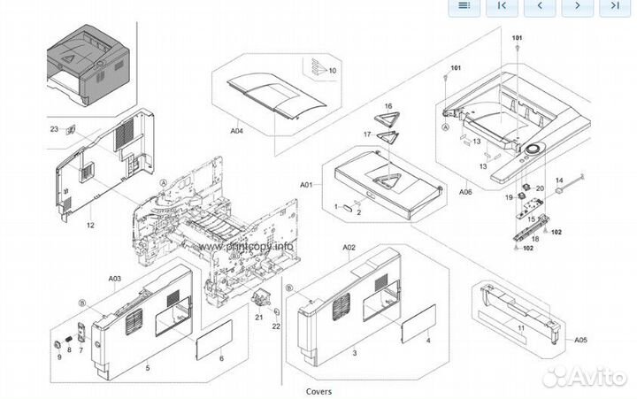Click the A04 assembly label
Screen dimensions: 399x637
click(x=236, y=131)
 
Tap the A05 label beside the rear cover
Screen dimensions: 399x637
click(x=580, y=339)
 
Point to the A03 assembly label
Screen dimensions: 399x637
click(x=115, y=279)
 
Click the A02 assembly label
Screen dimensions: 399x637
click(x=349, y=247)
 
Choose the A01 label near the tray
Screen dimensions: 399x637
click(x=306, y=185)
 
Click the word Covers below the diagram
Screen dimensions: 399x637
click(x=318, y=390)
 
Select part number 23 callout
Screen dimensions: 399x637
click(x=54, y=129)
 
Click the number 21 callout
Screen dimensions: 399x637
click(x=259, y=317)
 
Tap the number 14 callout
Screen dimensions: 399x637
click(x=559, y=180)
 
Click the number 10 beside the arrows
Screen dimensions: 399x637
click(x=333, y=70)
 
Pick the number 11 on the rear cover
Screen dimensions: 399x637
click(x=521, y=329)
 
